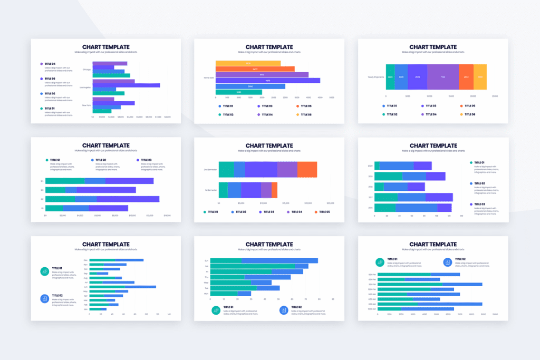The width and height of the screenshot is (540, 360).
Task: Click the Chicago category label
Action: (86, 70)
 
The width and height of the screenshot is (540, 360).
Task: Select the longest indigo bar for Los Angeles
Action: (126, 85)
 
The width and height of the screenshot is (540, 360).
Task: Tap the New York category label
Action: (86, 105)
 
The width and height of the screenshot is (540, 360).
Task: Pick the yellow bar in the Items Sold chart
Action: (248, 63)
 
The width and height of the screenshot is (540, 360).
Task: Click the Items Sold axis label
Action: (208, 77)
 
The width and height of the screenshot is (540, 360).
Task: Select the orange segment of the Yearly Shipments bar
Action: (466, 77)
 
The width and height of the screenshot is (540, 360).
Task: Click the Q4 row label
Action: (42, 181)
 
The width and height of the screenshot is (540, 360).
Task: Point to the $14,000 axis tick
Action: (167, 216)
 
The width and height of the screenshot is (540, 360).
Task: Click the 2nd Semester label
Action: (210, 170)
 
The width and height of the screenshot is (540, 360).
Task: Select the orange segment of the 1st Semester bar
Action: (274, 190)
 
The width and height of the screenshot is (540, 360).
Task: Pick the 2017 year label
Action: (370, 197)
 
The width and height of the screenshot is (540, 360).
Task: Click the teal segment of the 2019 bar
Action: (388, 176)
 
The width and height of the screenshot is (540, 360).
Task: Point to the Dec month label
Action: (85, 260)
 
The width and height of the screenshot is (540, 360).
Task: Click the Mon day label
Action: (206, 294)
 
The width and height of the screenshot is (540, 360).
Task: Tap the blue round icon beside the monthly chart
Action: (45, 298)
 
